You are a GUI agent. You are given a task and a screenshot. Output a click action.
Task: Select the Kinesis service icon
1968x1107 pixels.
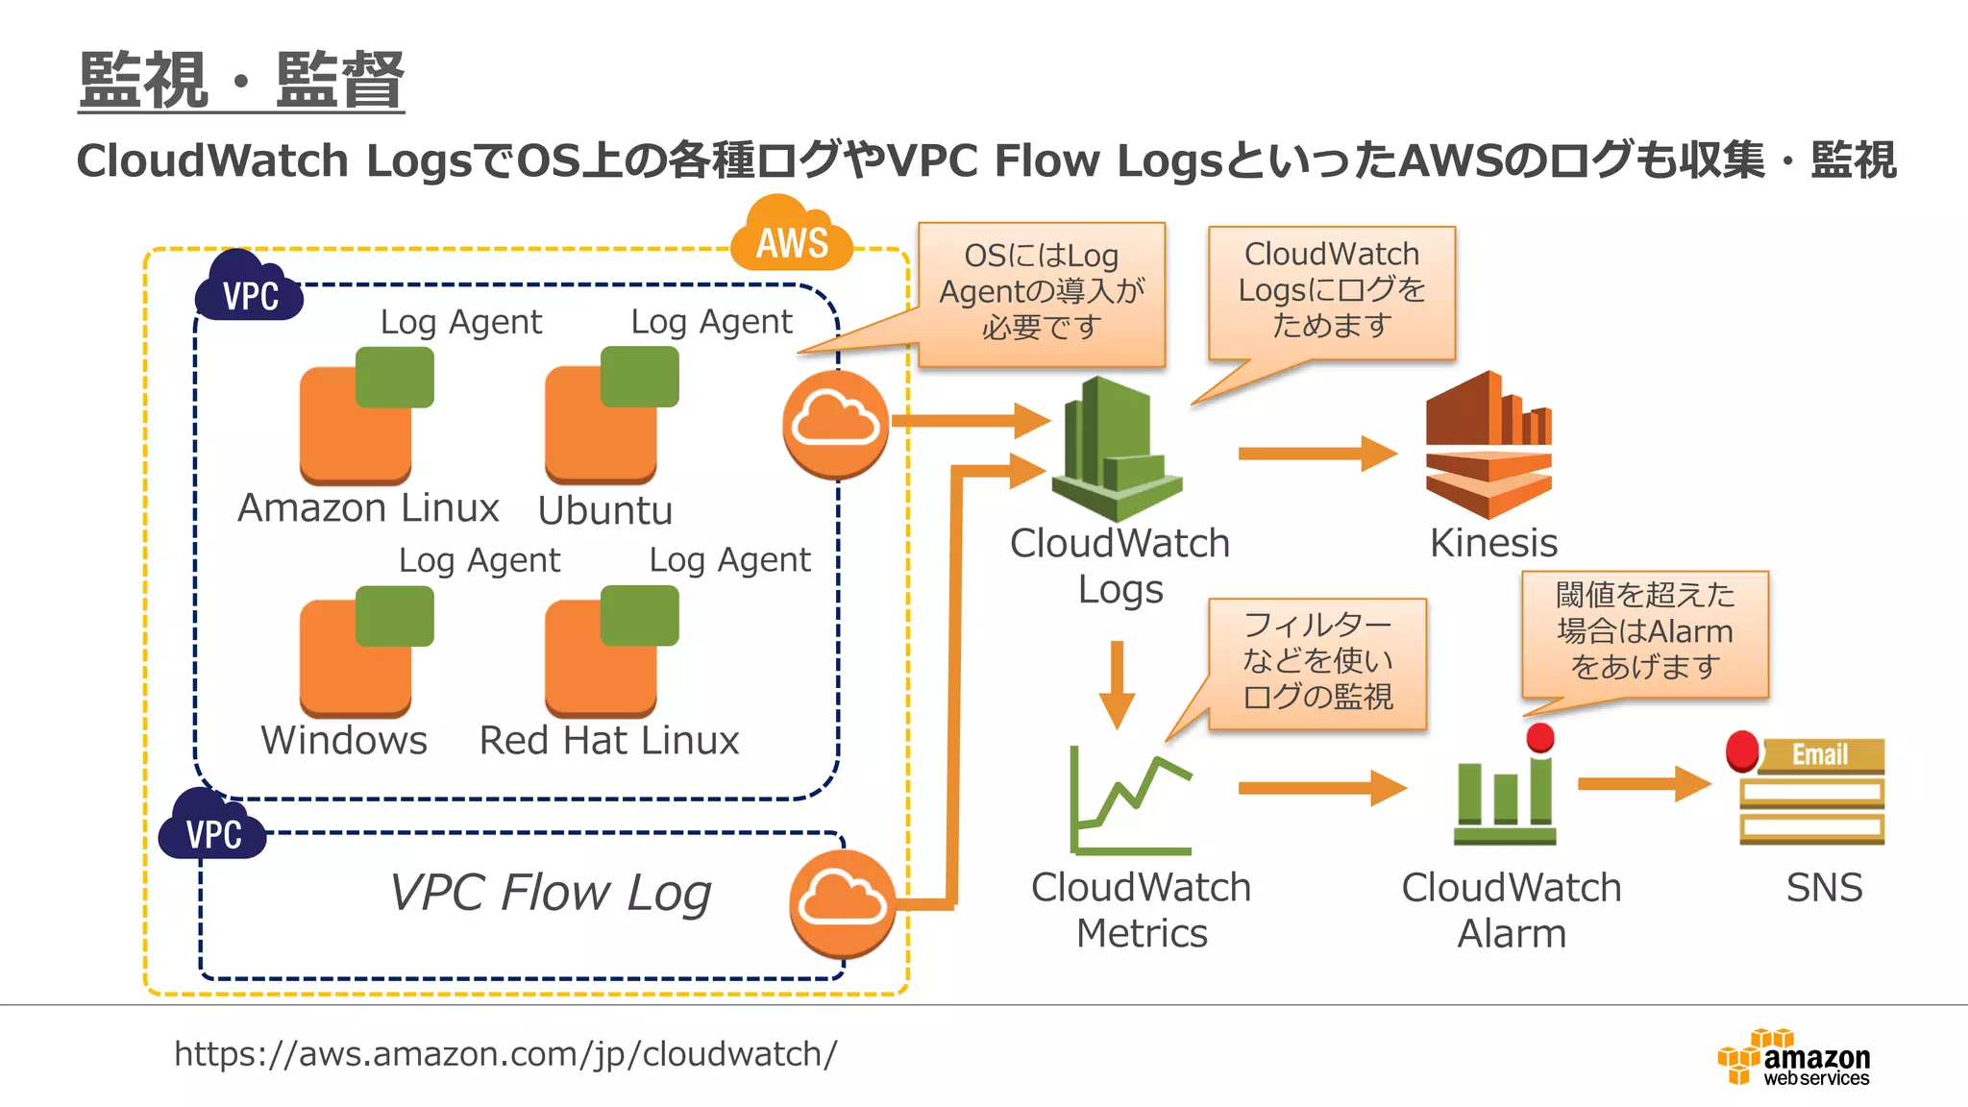1488,446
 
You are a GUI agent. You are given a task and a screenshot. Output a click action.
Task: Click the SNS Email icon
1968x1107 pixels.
1810,792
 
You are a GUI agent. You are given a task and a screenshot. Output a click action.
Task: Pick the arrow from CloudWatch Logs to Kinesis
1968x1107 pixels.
1316,454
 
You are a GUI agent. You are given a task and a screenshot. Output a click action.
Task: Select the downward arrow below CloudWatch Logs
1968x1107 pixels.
1117,684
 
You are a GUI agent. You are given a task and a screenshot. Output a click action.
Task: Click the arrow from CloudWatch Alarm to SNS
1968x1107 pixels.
1643,784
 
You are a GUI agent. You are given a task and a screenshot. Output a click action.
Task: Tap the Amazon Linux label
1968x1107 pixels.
368,507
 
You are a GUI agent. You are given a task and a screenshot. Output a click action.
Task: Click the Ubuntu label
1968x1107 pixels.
604,510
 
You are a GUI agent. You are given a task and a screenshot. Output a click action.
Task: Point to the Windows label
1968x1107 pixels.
344,740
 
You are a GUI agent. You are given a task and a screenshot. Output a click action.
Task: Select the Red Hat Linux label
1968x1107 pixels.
609,740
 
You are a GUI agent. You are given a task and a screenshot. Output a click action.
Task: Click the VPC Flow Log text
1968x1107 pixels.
551,893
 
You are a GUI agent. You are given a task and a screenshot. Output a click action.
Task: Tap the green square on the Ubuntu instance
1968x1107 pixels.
639,377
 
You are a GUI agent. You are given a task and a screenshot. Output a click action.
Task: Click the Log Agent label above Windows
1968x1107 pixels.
479,560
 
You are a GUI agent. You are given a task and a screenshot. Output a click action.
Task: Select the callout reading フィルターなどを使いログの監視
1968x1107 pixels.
1316,661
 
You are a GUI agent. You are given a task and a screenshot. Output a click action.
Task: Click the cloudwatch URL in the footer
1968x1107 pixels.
505,1054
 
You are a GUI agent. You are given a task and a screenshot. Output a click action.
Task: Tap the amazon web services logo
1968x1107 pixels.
1793,1058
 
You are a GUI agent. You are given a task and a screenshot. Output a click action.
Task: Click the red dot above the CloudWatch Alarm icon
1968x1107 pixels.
1540,738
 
